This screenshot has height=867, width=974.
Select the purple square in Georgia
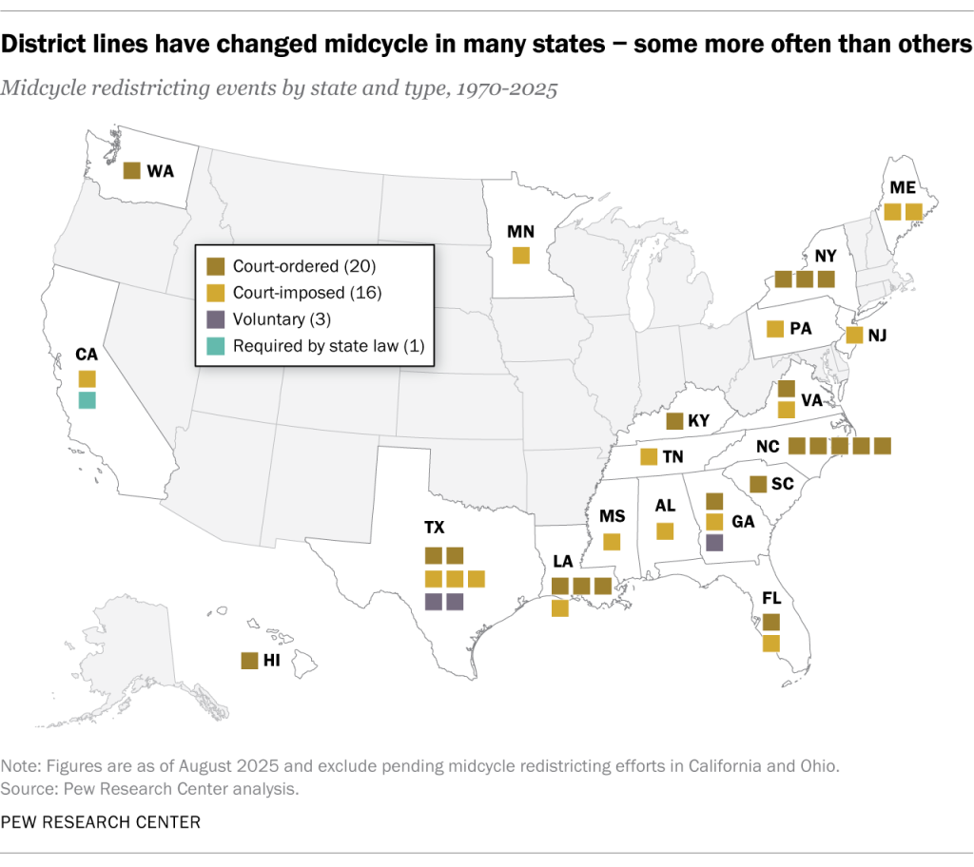pos(714,542)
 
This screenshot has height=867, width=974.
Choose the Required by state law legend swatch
pos(216,347)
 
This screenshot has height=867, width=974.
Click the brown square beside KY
pos(674,421)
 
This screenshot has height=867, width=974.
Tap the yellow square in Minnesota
pos(520,255)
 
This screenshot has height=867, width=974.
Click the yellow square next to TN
pos(649,456)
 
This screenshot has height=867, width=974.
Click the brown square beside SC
pos(757,484)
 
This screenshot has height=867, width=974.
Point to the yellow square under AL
pos(665,530)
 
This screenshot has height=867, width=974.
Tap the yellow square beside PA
pos(774,329)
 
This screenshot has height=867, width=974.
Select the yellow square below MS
pos(612,542)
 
